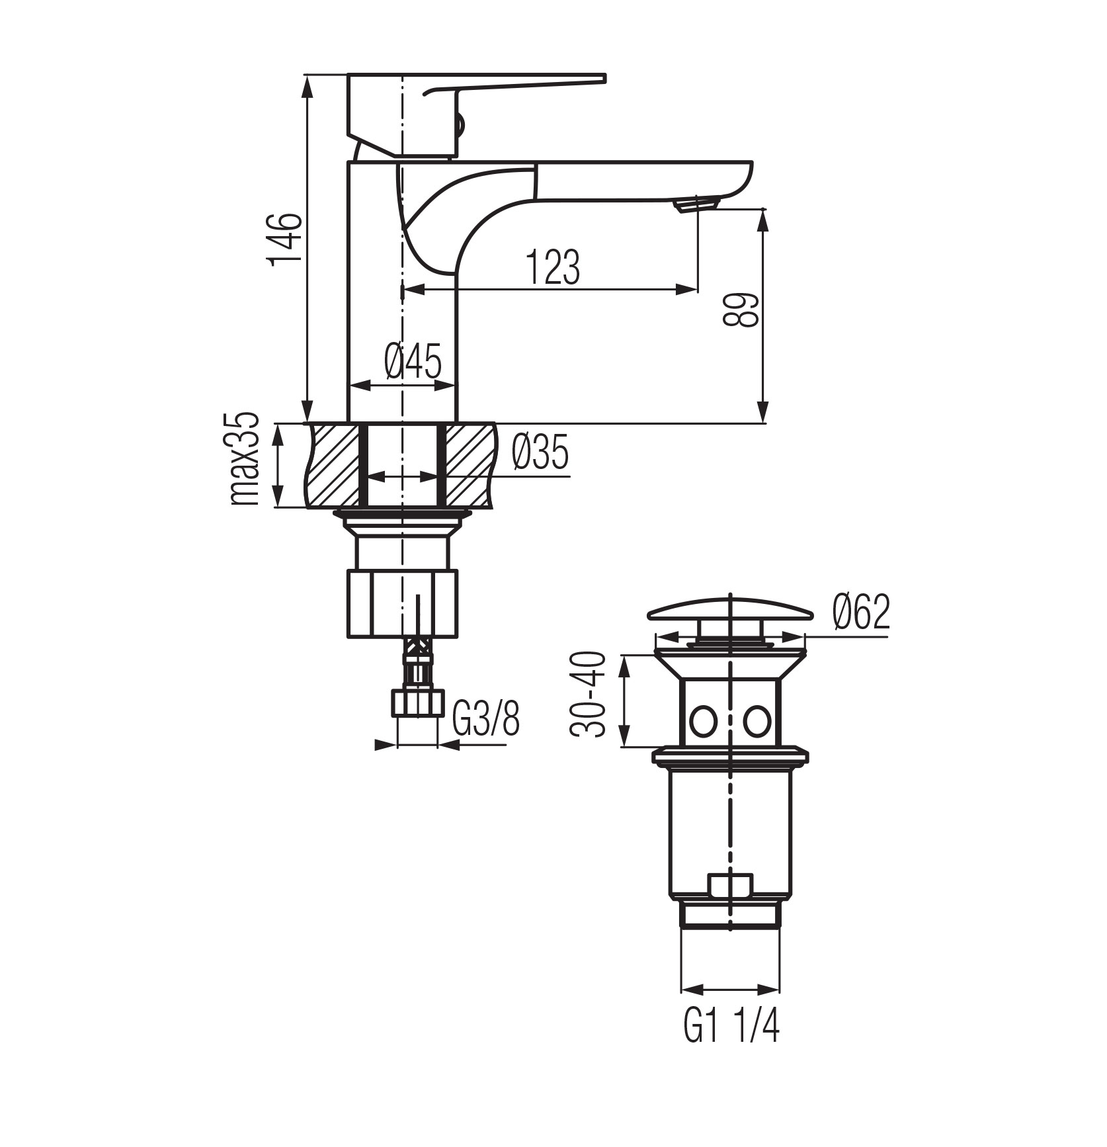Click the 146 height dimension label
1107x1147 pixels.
point(285,238)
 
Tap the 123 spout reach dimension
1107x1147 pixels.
point(553,267)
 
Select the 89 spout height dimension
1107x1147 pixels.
point(739,310)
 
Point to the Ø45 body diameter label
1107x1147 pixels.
point(413,361)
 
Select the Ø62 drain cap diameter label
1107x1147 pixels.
point(862,612)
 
